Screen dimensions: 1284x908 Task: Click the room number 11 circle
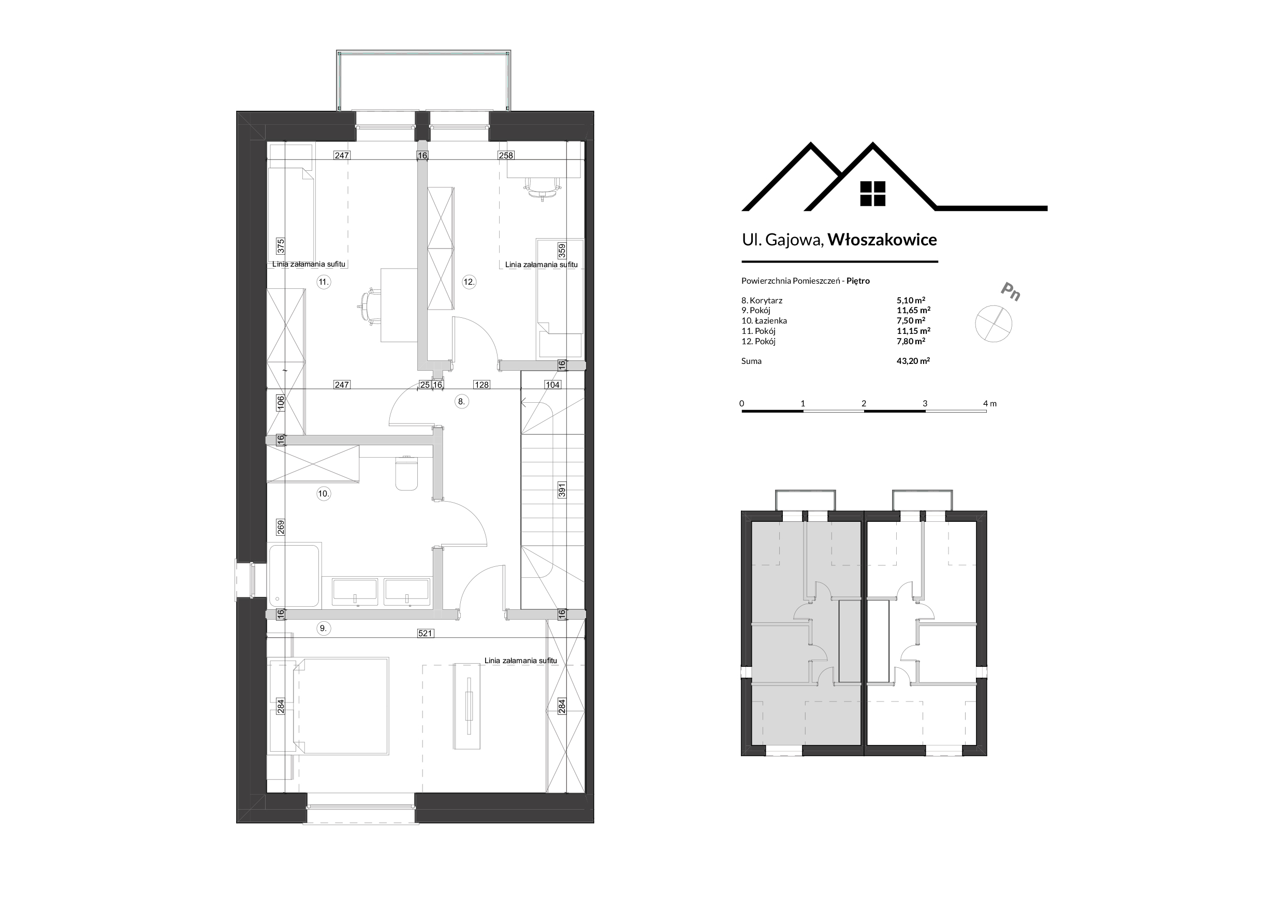point(323,282)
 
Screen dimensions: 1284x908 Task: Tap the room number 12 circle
point(469,282)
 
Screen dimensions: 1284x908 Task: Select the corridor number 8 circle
point(461,401)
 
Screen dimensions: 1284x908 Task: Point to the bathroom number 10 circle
point(323,493)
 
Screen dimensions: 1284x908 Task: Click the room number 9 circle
point(323,628)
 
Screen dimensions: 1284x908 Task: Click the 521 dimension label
point(425,634)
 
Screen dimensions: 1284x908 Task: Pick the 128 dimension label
point(481,385)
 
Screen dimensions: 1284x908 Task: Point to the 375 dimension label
point(281,245)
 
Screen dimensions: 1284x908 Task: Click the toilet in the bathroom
point(406,474)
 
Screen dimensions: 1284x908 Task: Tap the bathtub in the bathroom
point(294,576)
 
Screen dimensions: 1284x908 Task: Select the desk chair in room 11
point(369,306)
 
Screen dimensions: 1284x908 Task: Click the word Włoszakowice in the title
point(882,239)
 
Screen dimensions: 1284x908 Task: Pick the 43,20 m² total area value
point(913,361)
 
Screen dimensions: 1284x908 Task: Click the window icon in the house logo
point(873,194)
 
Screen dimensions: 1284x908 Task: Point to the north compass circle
point(994,324)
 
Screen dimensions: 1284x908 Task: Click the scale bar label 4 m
point(990,404)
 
